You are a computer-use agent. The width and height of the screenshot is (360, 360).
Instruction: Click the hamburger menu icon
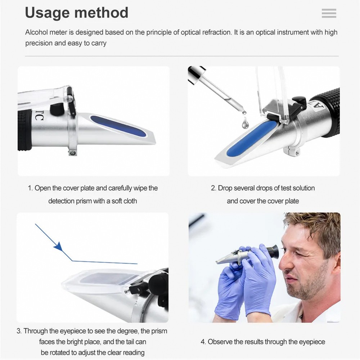click(329, 13)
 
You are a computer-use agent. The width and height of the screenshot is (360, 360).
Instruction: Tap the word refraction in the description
click(212, 32)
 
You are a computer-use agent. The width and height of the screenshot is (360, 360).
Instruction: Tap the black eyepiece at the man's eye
click(273, 251)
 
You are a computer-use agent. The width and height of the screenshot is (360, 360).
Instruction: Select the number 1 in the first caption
click(30, 188)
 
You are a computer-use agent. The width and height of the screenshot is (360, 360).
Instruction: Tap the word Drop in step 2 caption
click(225, 188)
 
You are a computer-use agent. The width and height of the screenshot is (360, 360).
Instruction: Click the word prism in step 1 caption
click(84, 201)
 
